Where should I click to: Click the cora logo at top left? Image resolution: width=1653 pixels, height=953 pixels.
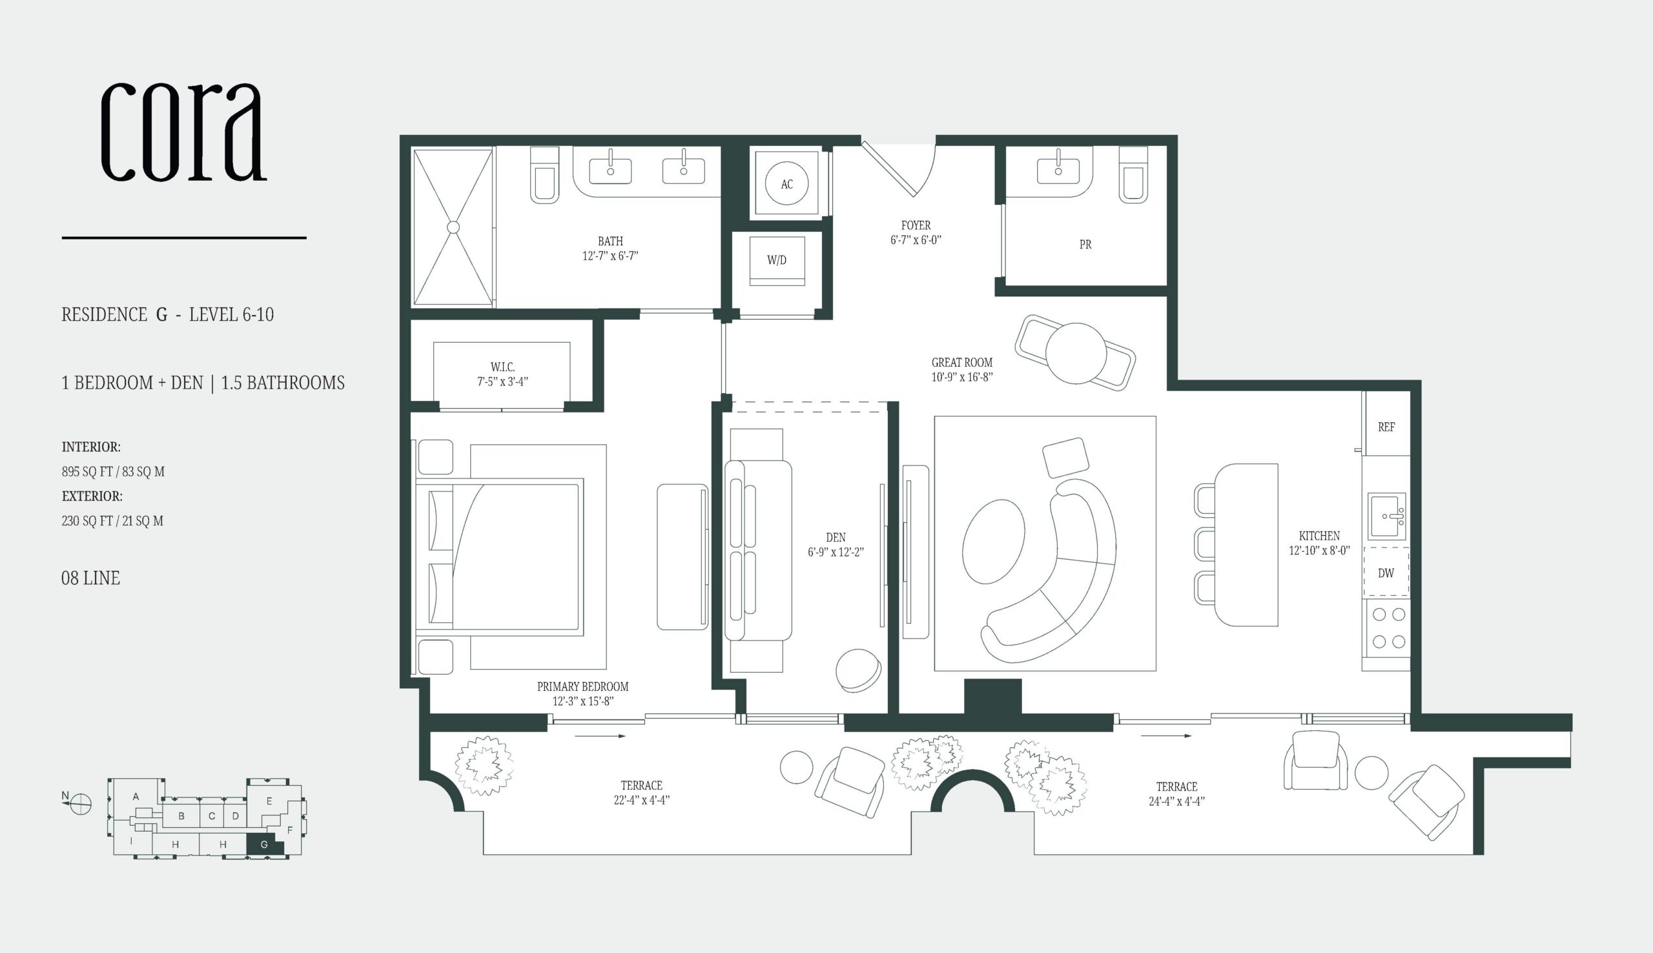[x=184, y=132]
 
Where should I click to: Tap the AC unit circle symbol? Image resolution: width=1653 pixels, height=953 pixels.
[x=786, y=184]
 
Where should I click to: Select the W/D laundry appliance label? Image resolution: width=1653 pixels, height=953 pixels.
[x=777, y=260]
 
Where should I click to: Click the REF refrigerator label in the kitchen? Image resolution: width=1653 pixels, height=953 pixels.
[x=1386, y=427]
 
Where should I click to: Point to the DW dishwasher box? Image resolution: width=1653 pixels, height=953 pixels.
[x=1386, y=572]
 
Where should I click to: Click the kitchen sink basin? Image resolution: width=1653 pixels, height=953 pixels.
[x=1387, y=517]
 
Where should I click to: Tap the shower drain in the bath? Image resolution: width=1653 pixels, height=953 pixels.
[x=453, y=227]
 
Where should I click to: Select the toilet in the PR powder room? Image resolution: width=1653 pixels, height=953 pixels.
[x=1133, y=174]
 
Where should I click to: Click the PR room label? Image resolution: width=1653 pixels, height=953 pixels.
[x=1085, y=244]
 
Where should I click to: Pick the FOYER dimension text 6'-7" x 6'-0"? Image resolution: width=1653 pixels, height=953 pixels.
[x=916, y=240]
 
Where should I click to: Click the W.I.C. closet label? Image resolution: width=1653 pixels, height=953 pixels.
[x=502, y=367]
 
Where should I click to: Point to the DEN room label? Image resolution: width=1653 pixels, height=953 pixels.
[x=836, y=537]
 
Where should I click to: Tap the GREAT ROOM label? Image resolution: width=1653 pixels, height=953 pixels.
[x=962, y=362]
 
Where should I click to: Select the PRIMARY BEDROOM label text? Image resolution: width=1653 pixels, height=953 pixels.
[x=582, y=686]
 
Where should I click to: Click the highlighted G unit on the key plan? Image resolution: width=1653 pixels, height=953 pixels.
[x=265, y=845]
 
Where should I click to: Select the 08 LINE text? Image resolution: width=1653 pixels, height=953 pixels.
[x=90, y=578]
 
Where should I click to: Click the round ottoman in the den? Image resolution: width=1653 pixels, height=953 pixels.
[x=859, y=670]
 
